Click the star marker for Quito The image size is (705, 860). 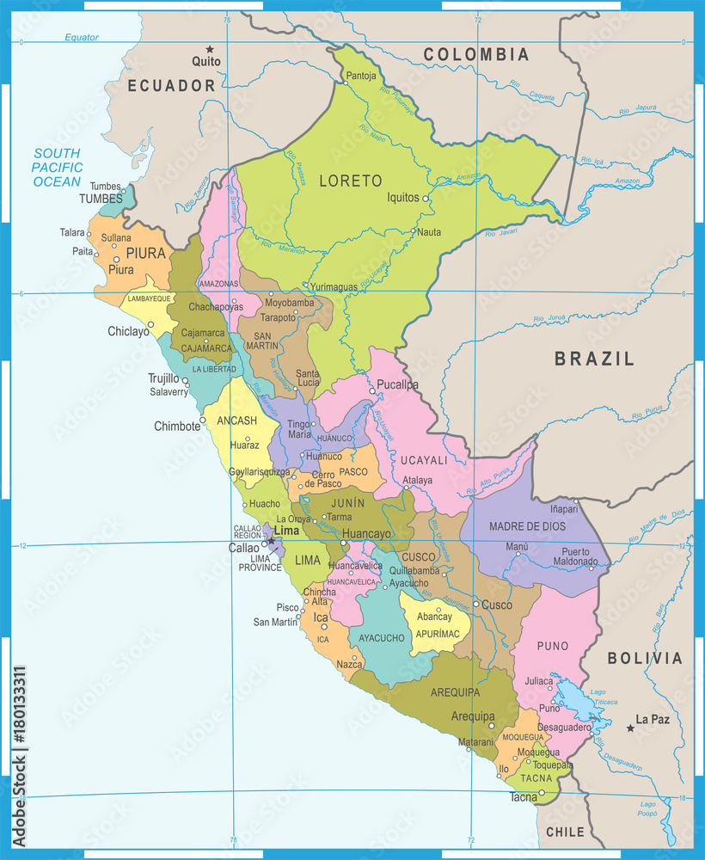coord(208,49)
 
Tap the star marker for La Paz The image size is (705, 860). coord(630,728)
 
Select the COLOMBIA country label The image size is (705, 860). coord(475,55)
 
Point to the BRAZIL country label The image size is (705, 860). coord(594,359)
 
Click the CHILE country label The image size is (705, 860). coord(565,832)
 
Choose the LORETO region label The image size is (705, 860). coord(350,181)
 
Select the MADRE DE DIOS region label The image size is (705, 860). coord(526,526)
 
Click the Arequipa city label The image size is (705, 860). coord(473,716)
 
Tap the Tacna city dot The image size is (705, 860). coord(542,793)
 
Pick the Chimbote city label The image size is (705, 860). coord(176,426)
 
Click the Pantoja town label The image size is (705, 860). coord(361,76)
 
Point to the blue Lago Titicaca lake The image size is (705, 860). coord(573,698)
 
